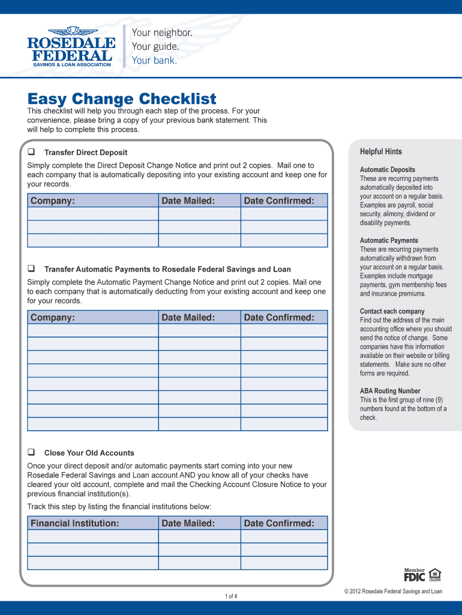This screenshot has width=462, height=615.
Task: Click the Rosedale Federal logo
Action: tap(71, 46)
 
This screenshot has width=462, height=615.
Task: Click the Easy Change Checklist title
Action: tap(122, 98)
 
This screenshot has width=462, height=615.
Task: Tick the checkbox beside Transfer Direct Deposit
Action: tap(31, 152)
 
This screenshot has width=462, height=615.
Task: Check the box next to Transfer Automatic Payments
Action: tap(31, 269)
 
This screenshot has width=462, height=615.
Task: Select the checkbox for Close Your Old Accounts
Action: tap(31, 452)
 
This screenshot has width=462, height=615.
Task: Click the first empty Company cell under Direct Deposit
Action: tap(93, 214)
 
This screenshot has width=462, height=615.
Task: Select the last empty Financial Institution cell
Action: tap(93, 563)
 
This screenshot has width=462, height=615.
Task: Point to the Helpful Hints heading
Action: tap(381, 151)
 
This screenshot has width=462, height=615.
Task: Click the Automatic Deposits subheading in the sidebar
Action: tap(387, 170)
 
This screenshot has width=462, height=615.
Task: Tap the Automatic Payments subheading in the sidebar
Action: tap(389, 240)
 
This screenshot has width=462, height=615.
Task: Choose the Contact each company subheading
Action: tap(392, 311)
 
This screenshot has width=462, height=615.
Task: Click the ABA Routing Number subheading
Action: tap(390, 391)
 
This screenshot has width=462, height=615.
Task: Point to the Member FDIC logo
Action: tap(414, 575)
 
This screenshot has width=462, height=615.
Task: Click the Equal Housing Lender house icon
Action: tap(435, 575)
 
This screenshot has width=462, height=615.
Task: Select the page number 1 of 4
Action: tap(231, 596)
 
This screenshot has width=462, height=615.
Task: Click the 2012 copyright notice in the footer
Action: tap(393, 592)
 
